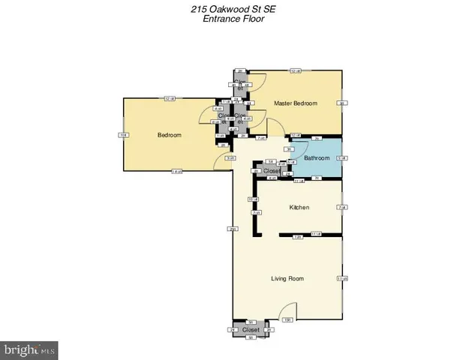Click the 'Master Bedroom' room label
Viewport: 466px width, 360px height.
pyautogui.click(x=295, y=103)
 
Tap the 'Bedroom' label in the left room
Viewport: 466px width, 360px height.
pyautogui.click(x=169, y=135)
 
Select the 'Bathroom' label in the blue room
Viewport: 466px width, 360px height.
pyautogui.click(x=317, y=157)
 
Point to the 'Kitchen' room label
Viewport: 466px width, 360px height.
pyautogui.click(x=299, y=207)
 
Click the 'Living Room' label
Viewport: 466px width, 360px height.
pyautogui.click(x=287, y=278)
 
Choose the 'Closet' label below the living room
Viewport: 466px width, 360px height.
pyautogui.click(x=251, y=329)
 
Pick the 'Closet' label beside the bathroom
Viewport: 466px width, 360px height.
pyautogui.click(x=272, y=171)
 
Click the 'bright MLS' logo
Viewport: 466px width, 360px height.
pyautogui.click(x=30, y=349)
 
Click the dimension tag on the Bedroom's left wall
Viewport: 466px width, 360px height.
pyautogui.click(x=123, y=135)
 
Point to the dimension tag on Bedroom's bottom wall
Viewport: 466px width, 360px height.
pyautogui.click(x=176, y=172)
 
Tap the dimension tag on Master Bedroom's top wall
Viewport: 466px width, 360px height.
pyautogui.click(x=295, y=71)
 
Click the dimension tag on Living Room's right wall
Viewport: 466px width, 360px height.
pyautogui.click(x=341, y=279)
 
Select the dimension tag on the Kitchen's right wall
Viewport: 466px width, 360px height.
pyautogui.click(x=341, y=207)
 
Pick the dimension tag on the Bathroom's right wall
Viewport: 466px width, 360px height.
pyautogui.click(x=341, y=157)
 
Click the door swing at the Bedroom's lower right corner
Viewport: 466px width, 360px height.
pyautogui.click(x=223, y=161)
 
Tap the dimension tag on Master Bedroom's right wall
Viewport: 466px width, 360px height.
pyautogui.click(x=341, y=103)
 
